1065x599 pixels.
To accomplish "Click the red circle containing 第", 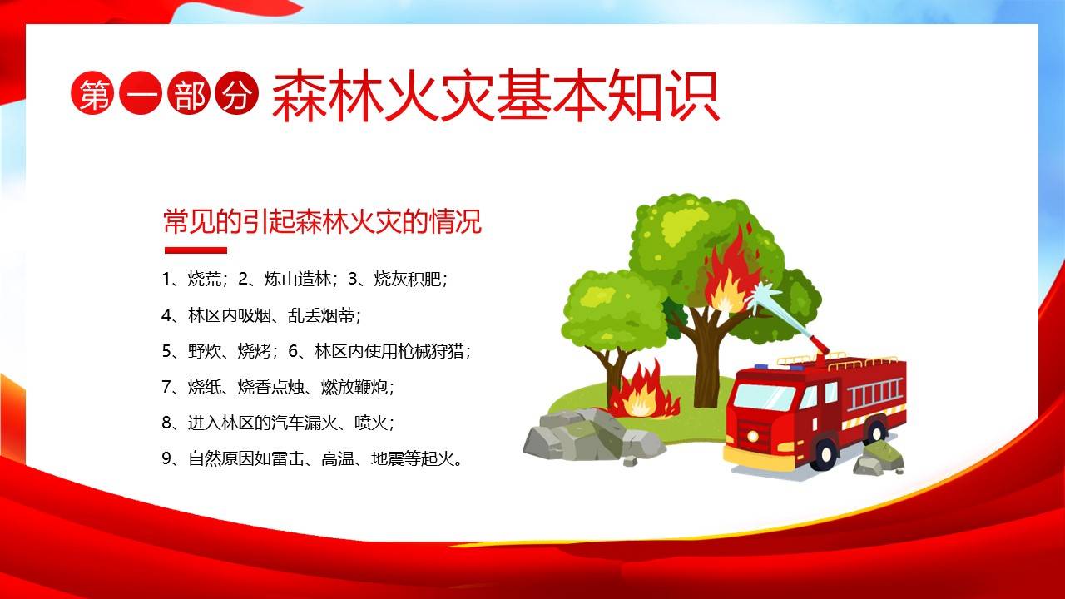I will pos(94,97).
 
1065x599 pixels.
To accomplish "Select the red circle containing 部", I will pos(190,97).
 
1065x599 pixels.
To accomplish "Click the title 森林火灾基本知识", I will pos(494,98).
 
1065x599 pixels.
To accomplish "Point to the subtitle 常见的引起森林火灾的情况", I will pos(323,222).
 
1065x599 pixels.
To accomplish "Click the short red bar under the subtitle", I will pos(196,250).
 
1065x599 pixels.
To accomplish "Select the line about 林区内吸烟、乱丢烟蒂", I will pos(262,315).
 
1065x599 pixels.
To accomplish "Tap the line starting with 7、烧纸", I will pos(278,387).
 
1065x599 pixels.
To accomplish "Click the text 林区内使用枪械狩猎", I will pos(391,351).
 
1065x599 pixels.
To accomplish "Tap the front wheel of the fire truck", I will pos(825,453).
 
